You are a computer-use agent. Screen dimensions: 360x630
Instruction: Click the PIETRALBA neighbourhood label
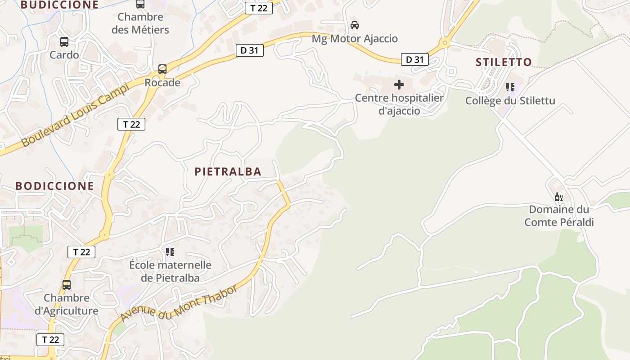228,171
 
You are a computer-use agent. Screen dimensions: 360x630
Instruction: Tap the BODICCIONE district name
54,186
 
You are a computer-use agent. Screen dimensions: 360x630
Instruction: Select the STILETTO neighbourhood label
504,62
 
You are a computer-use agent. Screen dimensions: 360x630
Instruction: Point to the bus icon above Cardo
64,42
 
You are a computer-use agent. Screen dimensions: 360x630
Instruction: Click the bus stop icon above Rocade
162,69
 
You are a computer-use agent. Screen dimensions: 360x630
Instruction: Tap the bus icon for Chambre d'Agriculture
67,285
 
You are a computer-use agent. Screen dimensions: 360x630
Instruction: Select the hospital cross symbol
399,85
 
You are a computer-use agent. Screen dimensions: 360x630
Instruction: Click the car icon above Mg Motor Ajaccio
355,25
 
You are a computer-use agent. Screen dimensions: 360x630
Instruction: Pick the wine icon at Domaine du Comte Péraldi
559,197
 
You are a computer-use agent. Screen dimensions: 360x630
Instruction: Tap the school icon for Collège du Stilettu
510,87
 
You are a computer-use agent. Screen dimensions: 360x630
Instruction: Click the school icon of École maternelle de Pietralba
170,252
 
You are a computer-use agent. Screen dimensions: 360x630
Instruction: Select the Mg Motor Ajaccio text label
355,39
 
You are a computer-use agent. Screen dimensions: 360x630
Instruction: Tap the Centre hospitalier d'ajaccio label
399,104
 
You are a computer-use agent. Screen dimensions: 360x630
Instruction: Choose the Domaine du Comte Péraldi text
559,216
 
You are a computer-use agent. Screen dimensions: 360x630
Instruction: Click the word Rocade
162,83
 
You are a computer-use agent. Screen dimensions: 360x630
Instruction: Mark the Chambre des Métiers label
140,23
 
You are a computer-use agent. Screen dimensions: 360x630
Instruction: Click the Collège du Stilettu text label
510,100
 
